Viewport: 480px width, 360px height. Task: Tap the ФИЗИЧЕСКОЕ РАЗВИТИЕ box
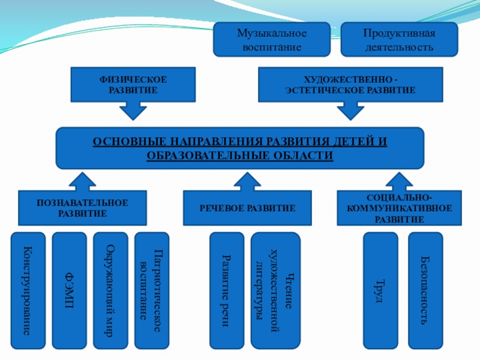[133, 85]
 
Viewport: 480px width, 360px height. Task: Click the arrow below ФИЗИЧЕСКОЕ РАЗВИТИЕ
[133, 111]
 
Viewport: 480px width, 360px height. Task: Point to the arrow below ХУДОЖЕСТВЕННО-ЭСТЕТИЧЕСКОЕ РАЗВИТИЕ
[350, 111]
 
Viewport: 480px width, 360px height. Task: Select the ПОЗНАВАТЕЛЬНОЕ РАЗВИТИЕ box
[82, 208]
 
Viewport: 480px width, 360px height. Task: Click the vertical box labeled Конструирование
[28, 290]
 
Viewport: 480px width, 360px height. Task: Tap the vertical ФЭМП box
[69, 290]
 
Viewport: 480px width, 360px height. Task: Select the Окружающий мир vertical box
[110, 290]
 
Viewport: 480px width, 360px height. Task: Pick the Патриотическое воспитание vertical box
[151, 290]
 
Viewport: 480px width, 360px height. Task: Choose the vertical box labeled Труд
[381, 290]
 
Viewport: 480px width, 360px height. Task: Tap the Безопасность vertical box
[425, 290]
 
